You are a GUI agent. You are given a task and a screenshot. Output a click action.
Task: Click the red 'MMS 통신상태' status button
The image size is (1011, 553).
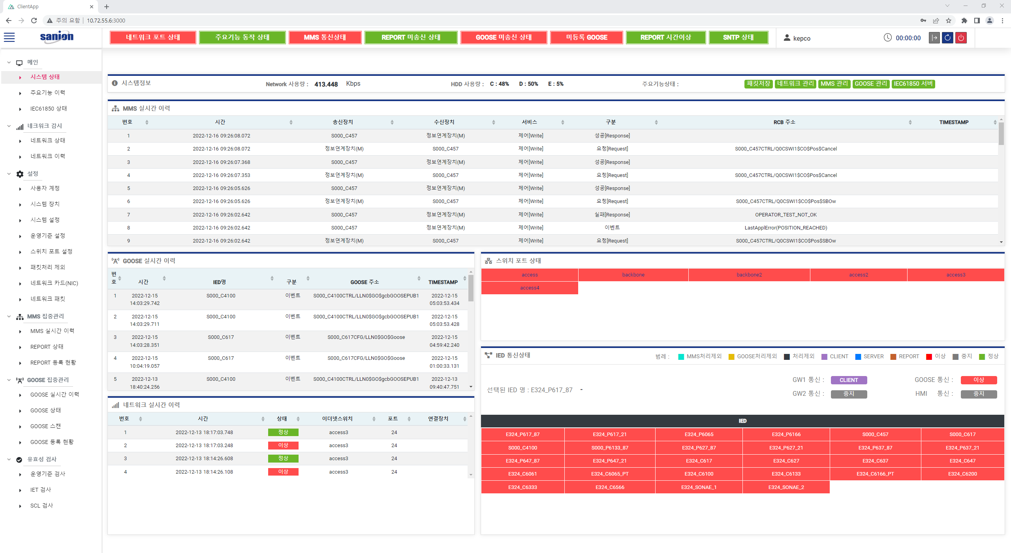[x=325, y=37]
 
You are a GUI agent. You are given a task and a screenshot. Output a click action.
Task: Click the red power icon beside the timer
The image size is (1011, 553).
[x=961, y=38]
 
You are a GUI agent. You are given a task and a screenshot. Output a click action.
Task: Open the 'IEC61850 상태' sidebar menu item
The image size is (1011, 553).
[x=49, y=109]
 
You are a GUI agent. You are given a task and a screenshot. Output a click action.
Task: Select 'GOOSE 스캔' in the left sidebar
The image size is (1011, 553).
[x=45, y=426]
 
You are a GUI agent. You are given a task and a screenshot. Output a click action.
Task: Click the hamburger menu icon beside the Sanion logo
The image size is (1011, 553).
[x=9, y=38]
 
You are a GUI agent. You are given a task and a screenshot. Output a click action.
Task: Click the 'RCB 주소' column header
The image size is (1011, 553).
[x=784, y=122]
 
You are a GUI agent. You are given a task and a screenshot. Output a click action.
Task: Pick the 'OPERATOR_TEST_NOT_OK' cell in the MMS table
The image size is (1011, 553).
[x=785, y=215]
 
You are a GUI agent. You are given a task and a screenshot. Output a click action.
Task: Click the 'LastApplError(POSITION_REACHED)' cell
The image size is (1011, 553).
[x=785, y=228]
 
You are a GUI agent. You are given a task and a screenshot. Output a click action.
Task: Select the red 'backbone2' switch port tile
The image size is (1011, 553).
[x=749, y=275]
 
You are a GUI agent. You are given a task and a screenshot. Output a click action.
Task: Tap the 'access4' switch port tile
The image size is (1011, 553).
[x=529, y=288]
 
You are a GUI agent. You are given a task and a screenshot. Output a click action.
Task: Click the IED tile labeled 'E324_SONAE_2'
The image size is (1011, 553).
[x=786, y=487]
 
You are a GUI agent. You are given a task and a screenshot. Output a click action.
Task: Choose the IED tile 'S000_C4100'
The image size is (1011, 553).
[x=522, y=448]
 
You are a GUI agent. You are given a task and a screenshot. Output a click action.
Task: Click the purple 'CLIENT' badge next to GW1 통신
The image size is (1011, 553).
[x=848, y=380]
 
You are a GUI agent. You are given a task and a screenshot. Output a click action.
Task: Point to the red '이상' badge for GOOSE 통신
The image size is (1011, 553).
[x=978, y=380]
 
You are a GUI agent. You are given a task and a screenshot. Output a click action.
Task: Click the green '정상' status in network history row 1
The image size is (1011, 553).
[x=283, y=433]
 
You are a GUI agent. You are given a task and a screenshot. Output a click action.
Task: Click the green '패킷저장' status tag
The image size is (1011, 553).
[x=758, y=84]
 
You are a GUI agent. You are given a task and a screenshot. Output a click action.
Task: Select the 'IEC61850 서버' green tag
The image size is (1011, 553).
[x=913, y=84]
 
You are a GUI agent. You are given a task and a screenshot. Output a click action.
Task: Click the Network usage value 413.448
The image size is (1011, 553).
[x=326, y=84]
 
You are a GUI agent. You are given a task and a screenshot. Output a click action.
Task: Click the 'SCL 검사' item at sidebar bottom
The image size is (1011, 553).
[x=41, y=506]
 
